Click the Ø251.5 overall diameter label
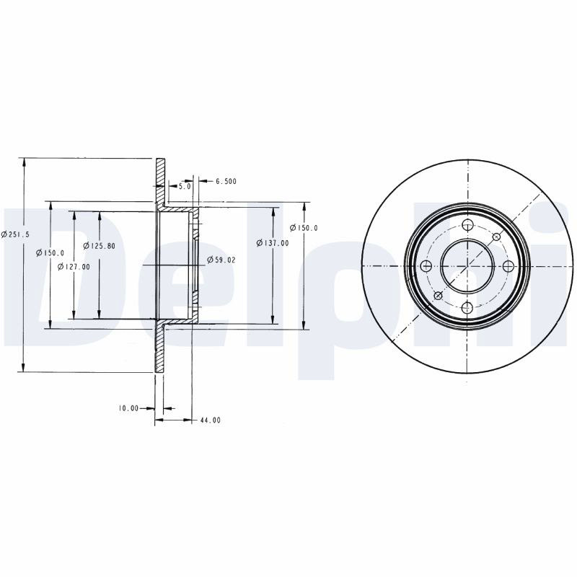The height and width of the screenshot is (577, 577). pos(15,234)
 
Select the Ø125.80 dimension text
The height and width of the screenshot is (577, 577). pos(99,245)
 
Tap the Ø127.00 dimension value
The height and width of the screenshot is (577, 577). pos(74,266)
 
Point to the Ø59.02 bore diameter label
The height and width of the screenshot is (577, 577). pos(221,260)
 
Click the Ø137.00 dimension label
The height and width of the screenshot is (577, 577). pos(273,243)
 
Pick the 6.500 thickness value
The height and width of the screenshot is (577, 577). pos(226,181)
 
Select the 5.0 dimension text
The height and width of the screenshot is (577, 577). pos(185,187)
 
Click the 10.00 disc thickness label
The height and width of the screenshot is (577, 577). pos(128,408)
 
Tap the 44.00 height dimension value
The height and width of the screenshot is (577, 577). pos(211,420)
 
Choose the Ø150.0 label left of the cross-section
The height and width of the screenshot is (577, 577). pos(50,253)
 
